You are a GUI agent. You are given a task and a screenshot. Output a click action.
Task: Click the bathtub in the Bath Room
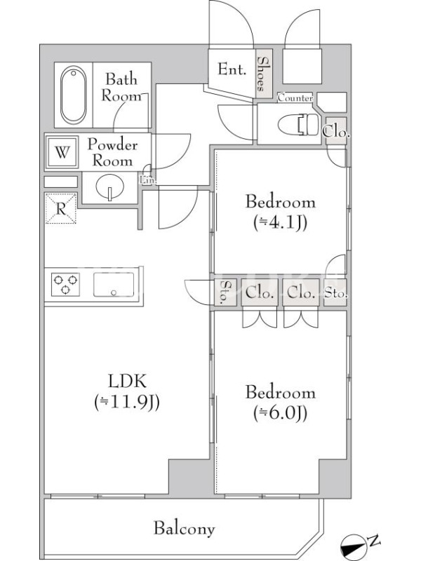click(x=73, y=95)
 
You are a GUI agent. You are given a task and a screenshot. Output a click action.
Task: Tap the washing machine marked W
click(x=62, y=152)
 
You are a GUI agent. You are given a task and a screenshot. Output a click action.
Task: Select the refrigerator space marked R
click(x=61, y=208)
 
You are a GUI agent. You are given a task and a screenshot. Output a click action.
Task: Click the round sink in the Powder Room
click(x=110, y=187)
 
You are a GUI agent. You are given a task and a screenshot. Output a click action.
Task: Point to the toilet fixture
click(x=298, y=125)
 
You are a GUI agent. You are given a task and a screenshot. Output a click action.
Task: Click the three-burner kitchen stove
click(x=65, y=285)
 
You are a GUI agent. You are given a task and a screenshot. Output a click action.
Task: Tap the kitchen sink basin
click(x=114, y=285)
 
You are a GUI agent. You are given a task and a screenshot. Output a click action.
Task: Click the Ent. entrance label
click(x=232, y=69)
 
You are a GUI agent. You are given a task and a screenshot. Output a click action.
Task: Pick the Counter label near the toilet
click(x=295, y=97)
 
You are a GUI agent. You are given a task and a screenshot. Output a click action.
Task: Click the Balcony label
click(x=185, y=529)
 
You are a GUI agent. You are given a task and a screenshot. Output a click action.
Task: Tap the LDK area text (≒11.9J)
click(x=127, y=403)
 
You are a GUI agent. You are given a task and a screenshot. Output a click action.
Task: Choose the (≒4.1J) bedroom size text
click(x=280, y=223)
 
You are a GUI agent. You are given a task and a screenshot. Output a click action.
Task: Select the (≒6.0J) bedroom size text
click(x=280, y=414)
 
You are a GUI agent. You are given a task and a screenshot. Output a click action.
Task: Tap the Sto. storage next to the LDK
click(x=225, y=292)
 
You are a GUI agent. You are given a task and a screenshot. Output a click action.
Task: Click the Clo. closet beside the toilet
click(x=336, y=132)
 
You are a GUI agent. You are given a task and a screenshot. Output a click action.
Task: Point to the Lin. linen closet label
click(x=147, y=180)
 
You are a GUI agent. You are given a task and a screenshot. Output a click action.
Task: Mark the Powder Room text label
click(x=112, y=152)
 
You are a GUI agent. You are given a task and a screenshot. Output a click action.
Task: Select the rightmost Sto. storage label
click(x=336, y=294)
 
